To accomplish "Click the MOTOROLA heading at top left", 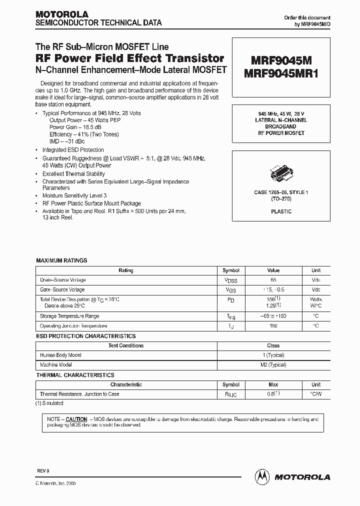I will pyautogui.click(x=61, y=14).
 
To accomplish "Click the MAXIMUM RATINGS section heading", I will pyautogui.click(x=61, y=260).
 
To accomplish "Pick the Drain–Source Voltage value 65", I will pyautogui.click(x=273, y=280).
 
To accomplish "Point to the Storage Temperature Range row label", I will pyautogui.click(x=69, y=316).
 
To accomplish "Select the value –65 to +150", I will pyautogui.click(x=273, y=316).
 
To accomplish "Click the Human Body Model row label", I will pyautogui.click(x=60, y=355).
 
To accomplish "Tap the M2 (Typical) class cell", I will pyautogui.click(x=273, y=365).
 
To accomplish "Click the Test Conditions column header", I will pyautogui.click(x=126, y=345).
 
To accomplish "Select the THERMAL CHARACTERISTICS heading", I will pyautogui.click(x=75, y=375).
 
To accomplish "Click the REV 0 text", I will pyautogui.click(x=43, y=471).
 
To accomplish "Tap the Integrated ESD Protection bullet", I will pyautogui.click(x=73, y=149).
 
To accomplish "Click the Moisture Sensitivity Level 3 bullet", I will pyautogui.click(x=74, y=195).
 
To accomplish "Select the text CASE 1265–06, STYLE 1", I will pyautogui.click(x=281, y=192).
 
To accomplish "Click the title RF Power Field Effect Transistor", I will pyautogui.click(x=129, y=58).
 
